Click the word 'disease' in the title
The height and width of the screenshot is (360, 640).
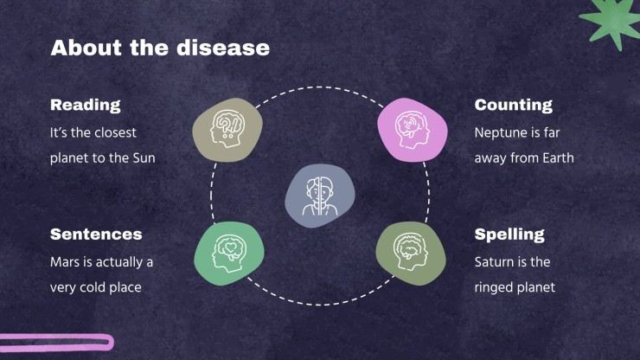coord(223,48)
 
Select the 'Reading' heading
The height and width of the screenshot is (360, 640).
coord(86,105)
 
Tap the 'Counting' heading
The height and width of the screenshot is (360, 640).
coord(513,105)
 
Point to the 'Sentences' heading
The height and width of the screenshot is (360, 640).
coord(96,235)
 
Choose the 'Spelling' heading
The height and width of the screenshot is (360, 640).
coord(509,235)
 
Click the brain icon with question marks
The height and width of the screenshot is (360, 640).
coord(227,130)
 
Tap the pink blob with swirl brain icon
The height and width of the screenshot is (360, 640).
coord(413,130)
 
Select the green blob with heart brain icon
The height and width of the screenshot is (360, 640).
coord(229,254)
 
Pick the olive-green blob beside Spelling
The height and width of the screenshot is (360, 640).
coord(411,254)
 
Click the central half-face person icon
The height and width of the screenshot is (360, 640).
coord(320,196)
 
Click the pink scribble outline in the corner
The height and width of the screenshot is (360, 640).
coord(57,343)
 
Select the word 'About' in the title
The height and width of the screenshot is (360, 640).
coord(86,48)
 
